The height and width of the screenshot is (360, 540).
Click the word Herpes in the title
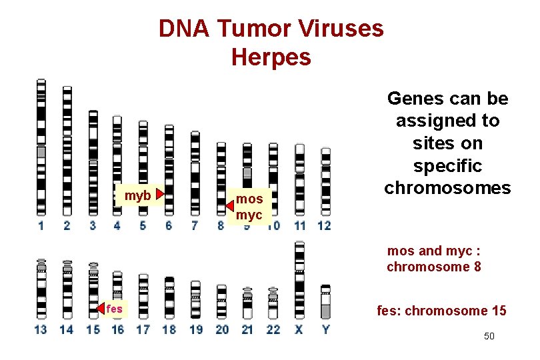point(271,57)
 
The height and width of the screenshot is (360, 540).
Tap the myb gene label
point(137,195)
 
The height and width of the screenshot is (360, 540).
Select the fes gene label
point(114,309)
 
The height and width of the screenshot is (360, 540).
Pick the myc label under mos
point(249,215)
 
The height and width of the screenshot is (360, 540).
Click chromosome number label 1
point(41,226)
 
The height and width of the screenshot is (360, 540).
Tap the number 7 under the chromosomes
point(194,226)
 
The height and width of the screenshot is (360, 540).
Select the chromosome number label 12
point(324,226)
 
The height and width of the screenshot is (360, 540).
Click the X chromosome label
point(299,329)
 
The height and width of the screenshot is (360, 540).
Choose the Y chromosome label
point(325,329)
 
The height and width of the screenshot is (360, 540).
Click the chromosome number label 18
point(169,329)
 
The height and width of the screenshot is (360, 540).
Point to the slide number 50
point(489,336)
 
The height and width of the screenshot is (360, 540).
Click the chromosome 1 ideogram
point(41,147)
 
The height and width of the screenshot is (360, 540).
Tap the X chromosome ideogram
point(299,280)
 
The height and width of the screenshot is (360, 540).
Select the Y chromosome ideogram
point(325,301)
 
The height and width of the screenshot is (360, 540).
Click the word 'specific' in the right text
point(447,165)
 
